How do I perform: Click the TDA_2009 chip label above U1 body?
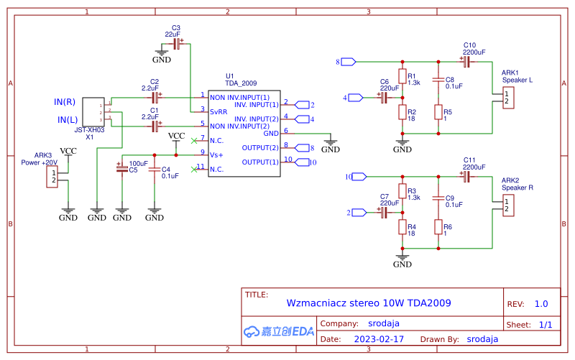[x=240, y=83]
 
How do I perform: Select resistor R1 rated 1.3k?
[x=402, y=78]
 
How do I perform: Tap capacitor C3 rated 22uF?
[x=177, y=44]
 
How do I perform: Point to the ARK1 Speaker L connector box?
[x=508, y=98]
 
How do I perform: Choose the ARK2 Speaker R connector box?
[x=508, y=206]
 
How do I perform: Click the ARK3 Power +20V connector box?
[x=52, y=176]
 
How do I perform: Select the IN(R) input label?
[x=65, y=101]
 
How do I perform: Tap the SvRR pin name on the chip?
[x=218, y=111]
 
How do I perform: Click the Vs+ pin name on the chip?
[x=216, y=154]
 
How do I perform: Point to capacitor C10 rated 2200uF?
[x=466, y=63]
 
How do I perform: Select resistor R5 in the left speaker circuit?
[x=438, y=112]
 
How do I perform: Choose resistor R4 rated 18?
[x=402, y=226]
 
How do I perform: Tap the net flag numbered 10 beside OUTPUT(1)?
[x=306, y=162]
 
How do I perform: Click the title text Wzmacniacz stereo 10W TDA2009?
[x=368, y=303]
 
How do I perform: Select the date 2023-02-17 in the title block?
[x=379, y=338]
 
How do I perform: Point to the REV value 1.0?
[x=541, y=304]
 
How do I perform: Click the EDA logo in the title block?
[x=279, y=331]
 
